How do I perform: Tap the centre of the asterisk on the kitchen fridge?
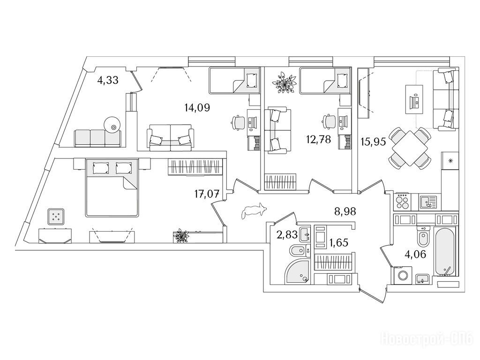[450, 160]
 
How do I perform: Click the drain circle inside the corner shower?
[305, 278]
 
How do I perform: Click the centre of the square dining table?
[410, 148]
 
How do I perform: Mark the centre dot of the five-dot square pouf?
[56, 216]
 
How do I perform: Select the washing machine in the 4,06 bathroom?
[402, 275]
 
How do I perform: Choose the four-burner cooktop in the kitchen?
[402, 202]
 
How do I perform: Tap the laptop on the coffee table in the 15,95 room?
[415, 100]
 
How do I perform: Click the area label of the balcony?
[107, 81]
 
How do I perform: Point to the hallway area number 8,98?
[345, 211]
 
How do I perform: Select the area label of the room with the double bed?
[207, 194]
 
